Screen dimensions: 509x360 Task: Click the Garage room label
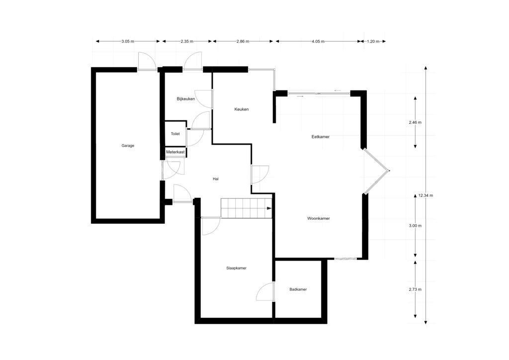(128, 146)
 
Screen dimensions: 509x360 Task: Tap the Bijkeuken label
(186, 98)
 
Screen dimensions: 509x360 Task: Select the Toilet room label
(175, 134)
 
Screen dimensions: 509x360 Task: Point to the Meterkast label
(175, 152)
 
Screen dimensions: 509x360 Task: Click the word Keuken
(242, 109)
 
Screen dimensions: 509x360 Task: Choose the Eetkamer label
(321, 137)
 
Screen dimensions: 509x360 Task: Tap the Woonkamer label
(319, 218)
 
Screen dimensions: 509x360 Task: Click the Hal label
(216, 179)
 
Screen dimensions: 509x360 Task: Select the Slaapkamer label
(236, 268)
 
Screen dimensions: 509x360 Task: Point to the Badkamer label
(298, 289)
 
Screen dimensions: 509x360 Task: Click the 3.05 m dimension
(128, 42)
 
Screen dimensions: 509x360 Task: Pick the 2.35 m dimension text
(187, 42)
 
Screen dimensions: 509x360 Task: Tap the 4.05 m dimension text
(318, 42)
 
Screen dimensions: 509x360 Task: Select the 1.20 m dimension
(373, 42)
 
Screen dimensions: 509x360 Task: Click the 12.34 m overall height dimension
(425, 195)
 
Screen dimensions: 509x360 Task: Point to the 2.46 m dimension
(415, 122)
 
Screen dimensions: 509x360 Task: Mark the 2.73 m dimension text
(415, 289)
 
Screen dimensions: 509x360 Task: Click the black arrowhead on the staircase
(269, 208)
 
